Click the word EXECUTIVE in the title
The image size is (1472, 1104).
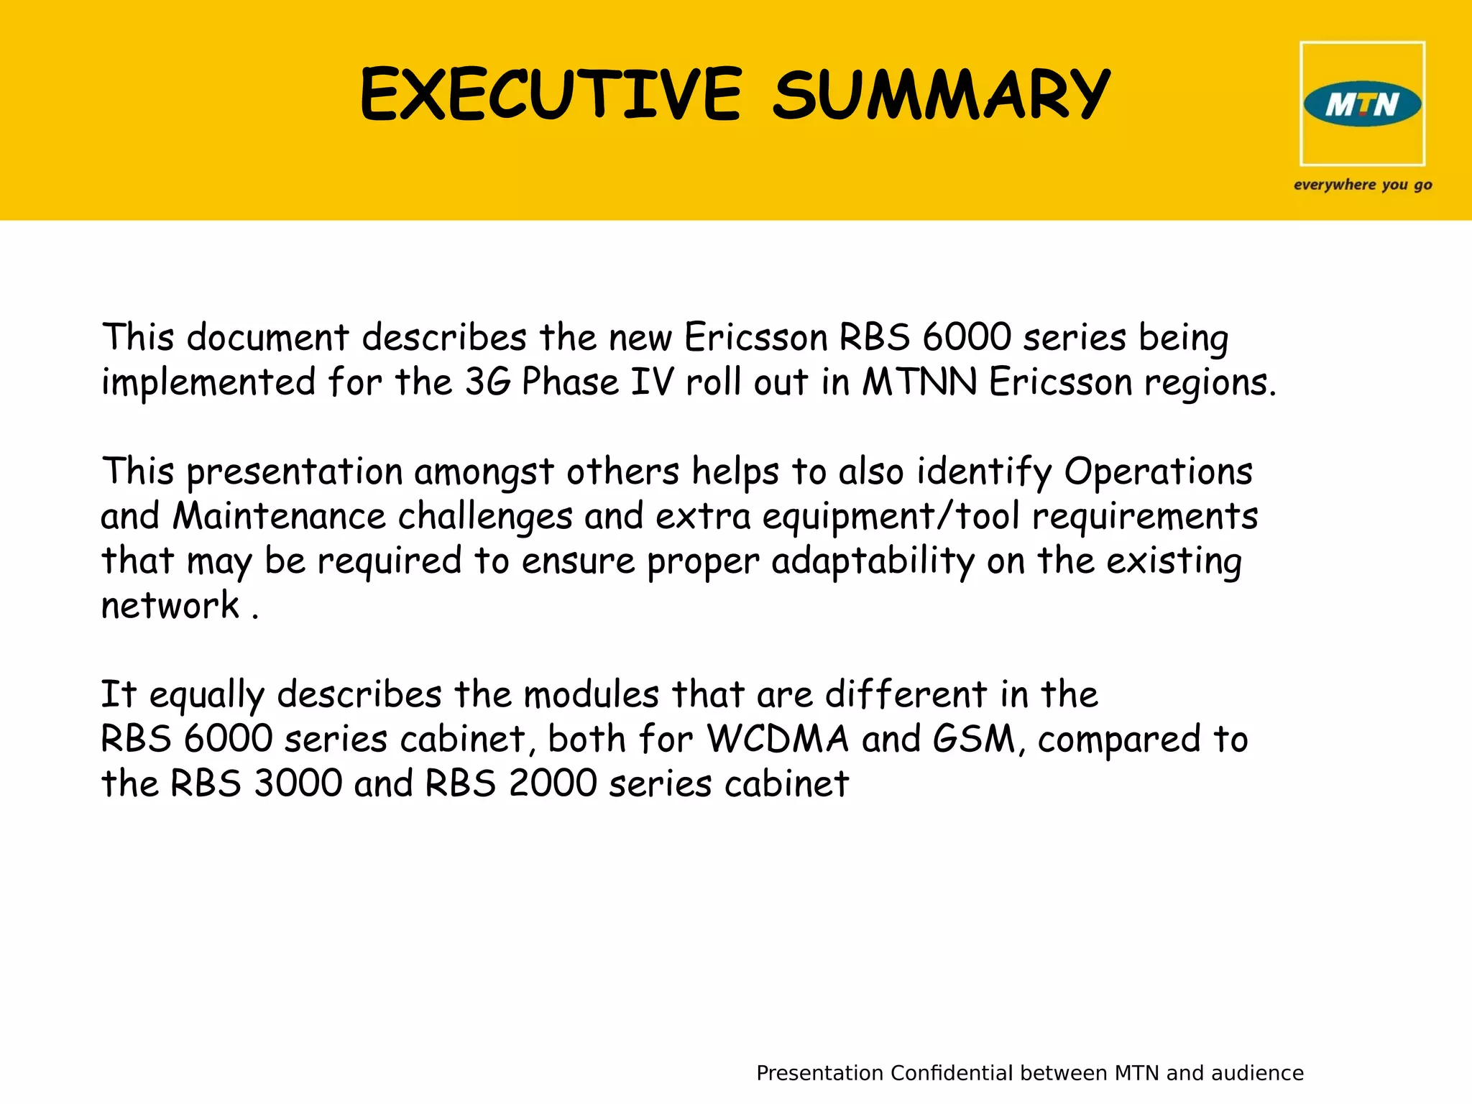click(551, 95)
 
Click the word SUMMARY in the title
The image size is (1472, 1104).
click(942, 95)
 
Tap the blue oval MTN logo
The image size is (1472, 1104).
click(1362, 105)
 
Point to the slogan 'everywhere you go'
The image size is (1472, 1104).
click(1363, 185)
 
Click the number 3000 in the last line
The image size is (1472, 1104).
click(298, 783)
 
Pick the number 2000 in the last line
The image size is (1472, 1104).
click(553, 783)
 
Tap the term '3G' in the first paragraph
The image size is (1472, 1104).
click(487, 382)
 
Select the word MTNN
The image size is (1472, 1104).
click(919, 382)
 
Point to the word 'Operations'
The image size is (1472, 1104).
click(1158, 472)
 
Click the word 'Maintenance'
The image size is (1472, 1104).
click(280, 517)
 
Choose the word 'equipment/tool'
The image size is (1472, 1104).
click(891, 517)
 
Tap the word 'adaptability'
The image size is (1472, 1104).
click(873, 561)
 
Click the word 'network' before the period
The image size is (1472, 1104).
click(170, 606)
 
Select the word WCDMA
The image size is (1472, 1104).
click(778, 739)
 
